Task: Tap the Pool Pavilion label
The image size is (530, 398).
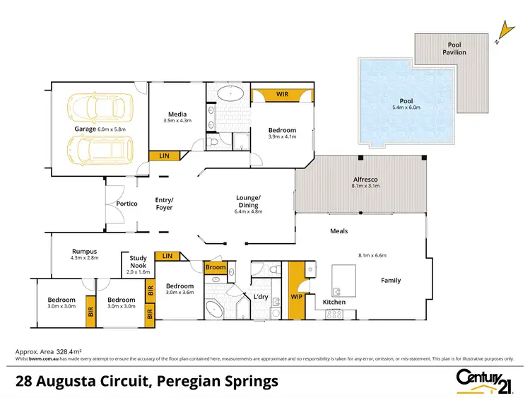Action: tap(454, 48)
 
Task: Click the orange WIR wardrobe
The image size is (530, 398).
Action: tap(282, 94)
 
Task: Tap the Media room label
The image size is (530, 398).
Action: tap(177, 114)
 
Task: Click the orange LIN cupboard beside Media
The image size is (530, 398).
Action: tap(163, 155)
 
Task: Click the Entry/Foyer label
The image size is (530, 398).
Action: tap(164, 204)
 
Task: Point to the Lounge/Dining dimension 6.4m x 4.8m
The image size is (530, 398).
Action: tap(248, 211)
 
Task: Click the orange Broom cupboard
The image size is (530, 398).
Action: tap(216, 267)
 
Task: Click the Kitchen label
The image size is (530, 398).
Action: tap(334, 302)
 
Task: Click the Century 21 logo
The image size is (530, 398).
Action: tap(484, 381)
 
